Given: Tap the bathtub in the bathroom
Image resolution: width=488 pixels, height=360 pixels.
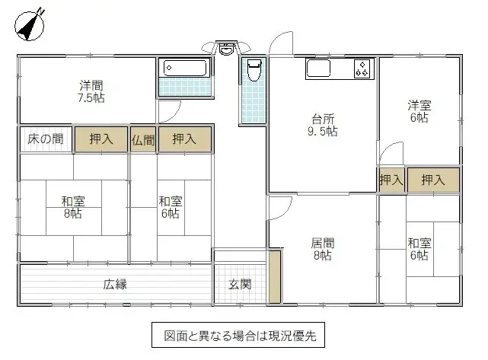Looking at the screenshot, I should pos(185,68).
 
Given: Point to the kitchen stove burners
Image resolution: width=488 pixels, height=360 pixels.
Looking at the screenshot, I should pos(362,69).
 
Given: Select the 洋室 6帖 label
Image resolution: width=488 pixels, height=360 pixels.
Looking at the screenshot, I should pos(418,111).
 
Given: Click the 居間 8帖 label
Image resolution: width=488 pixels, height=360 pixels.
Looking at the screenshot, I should pos(322,250).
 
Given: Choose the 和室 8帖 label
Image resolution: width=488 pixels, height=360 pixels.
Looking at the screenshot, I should pos(73,207).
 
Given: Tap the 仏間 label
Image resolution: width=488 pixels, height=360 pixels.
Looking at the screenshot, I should pos(143,139).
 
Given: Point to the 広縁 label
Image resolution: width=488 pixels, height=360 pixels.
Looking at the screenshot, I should pos(115,285).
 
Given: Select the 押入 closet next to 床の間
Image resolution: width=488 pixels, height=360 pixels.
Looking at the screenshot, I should pos(101,139).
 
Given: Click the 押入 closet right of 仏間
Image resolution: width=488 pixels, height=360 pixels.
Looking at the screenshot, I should pos(184,139).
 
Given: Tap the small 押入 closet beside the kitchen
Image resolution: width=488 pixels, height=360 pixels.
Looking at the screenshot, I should pos(391,180).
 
